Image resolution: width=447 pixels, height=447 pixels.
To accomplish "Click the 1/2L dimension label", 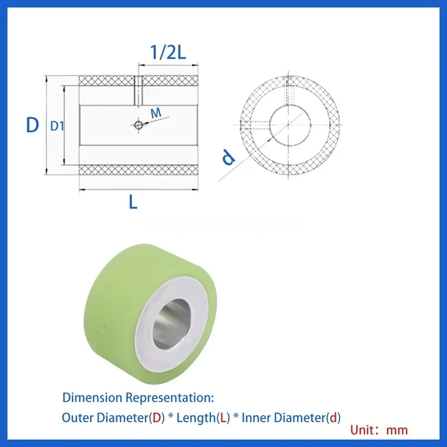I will (166, 54).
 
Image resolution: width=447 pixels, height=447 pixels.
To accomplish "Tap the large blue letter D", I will (32, 125).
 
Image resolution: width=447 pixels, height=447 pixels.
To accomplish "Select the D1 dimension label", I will (57, 126).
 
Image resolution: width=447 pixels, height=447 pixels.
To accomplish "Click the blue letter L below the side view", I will (133, 202).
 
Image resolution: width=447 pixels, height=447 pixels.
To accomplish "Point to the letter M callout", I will (157, 113).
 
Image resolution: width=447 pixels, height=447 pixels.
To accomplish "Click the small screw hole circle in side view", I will (137, 125).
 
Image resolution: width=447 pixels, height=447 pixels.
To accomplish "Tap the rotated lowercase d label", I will (228, 158).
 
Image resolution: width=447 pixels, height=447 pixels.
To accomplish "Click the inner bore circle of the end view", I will (290, 125).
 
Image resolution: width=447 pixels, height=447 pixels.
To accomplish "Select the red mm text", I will (397, 430).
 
